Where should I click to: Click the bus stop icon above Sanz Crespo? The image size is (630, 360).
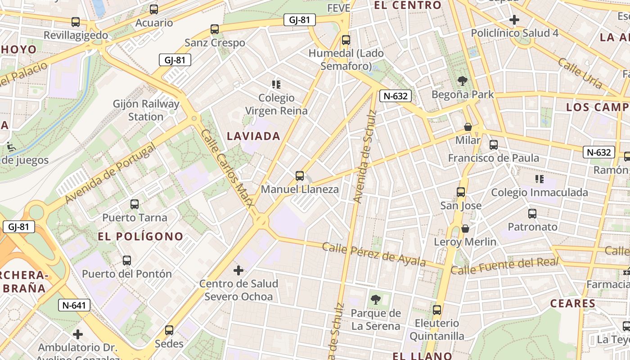pyautogui.click(x=215, y=30)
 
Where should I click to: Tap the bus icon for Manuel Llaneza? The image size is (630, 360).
pyautogui.click(x=300, y=176)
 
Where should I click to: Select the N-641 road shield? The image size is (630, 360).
pyautogui.click(x=74, y=306)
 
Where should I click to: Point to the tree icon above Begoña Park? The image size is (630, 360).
pyautogui.click(x=462, y=81)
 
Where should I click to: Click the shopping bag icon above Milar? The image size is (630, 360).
pyautogui.click(x=468, y=127)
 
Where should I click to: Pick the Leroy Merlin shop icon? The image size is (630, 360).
pyautogui.click(x=465, y=229)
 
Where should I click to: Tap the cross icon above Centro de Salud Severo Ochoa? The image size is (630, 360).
pyautogui.click(x=238, y=270)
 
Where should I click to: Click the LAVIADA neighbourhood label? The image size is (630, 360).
pyautogui.click(x=254, y=136)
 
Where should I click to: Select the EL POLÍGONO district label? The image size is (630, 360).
pyautogui.click(x=141, y=236)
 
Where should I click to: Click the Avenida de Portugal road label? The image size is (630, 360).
pyautogui.click(x=111, y=173)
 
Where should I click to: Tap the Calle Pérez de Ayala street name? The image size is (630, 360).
pyautogui.click(x=374, y=254)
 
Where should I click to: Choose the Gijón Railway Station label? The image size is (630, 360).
pyautogui.click(x=146, y=110)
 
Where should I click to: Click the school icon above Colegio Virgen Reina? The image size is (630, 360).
pyautogui.click(x=276, y=85)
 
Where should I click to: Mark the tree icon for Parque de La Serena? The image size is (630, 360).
pyautogui.click(x=375, y=300)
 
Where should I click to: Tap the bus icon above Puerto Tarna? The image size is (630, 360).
pyautogui.click(x=135, y=204)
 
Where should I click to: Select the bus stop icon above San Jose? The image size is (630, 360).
pyautogui.click(x=461, y=192)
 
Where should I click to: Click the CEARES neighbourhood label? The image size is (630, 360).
pyautogui.click(x=573, y=303)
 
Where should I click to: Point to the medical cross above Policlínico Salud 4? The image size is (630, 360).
pyautogui.click(x=514, y=20)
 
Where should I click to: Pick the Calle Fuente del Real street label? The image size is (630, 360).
pyautogui.click(x=504, y=265)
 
